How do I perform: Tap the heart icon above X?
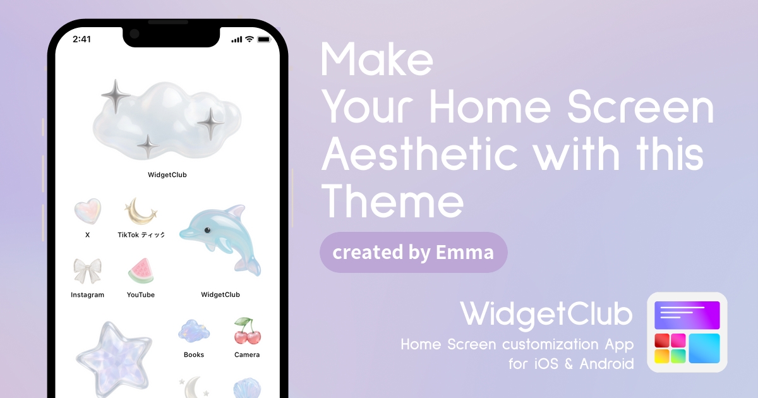click(87, 211)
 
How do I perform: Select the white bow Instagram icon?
click(87, 271)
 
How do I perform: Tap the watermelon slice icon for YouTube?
click(141, 271)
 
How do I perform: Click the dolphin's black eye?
click(207, 231)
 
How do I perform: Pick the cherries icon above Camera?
click(248, 330)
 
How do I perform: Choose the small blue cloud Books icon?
click(194, 331)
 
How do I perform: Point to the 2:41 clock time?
click(82, 39)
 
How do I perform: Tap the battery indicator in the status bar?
click(264, 40)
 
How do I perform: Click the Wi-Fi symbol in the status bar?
click(250, 39)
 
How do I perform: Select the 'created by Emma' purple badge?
click(413, 253)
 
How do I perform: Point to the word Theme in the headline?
click(392, 202)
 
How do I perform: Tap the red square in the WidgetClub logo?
click(662, 341)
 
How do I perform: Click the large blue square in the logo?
click(704, 348)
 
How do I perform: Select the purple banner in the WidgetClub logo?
click(687, 315)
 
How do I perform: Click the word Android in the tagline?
click(606, 364)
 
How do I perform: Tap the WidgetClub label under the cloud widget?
click(167, 174)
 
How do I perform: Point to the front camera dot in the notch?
click(135, 34)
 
